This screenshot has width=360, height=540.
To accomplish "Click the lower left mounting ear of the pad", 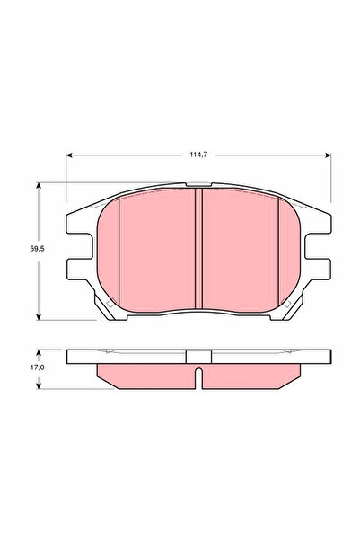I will point(79,269).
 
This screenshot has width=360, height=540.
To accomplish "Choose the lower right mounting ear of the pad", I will point(317,269).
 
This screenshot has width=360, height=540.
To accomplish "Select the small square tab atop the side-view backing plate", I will point(198,356).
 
